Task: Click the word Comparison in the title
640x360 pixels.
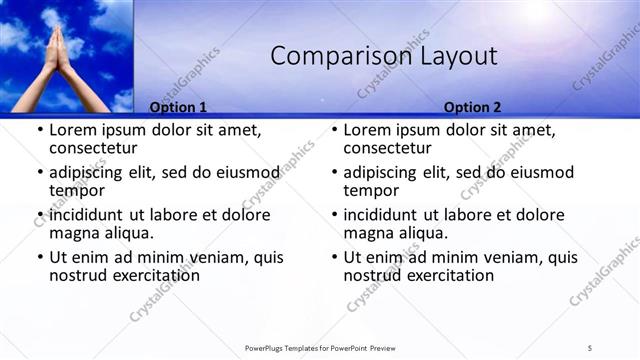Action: (326, 57)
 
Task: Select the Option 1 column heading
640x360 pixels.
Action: (178, 108)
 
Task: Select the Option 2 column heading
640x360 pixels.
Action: (473, 108)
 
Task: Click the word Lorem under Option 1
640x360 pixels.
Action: (74, 130)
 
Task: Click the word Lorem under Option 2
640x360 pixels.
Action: (369, 130)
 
